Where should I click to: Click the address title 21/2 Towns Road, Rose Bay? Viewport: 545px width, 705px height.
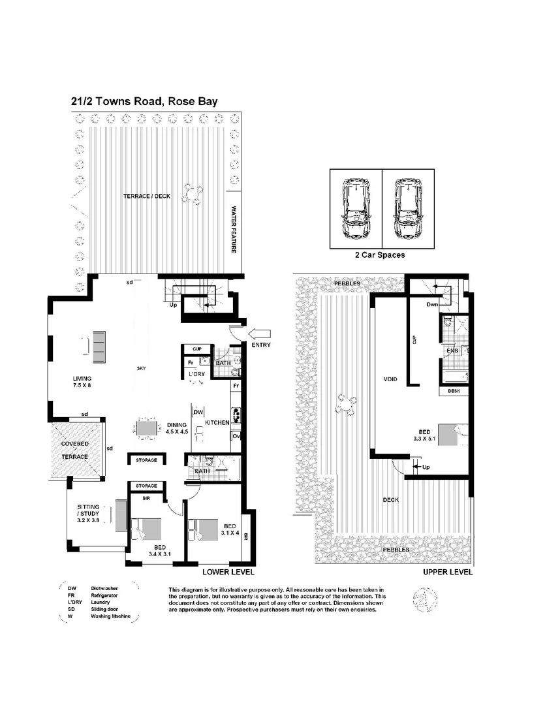pyautogui.click(x=144, y=101)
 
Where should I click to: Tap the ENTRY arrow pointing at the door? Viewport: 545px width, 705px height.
pyautogui.click(x=260, y=332)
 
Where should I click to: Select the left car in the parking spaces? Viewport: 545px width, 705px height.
pyautogui.click(x=356, y=209)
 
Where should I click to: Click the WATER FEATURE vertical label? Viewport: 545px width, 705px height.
pyautogui.click(x=234, y=232)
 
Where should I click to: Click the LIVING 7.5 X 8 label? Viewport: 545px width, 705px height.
pyautogui.click(x=82, y=382)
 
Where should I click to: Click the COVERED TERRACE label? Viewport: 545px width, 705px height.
pyautogui.click(x=75, y=450)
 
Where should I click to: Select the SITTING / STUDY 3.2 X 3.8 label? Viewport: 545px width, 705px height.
pyautogui.click(x=88, y=514)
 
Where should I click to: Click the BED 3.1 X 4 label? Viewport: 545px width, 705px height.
pyautogui.click(x=230, y=529)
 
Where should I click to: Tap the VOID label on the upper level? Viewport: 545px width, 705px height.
pyautogui.click(x=391, y=379)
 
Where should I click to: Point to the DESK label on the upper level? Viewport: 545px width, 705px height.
pyautogui.click(x=455, y=392)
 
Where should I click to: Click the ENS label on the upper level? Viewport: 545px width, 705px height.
pyautogui.click(x=452, y=351)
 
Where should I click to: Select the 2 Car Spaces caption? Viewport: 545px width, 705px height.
pyautogui.click(x=380, y=255)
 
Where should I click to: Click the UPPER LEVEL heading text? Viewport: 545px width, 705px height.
pyautogui.click(x=447, y=572)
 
